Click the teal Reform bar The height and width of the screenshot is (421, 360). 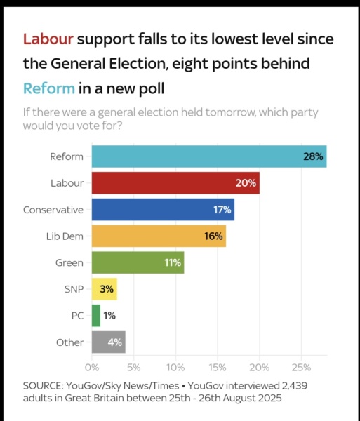pos(209,156)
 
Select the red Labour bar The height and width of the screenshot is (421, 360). pos(175,183)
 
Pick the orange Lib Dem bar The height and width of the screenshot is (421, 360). pos(159,236)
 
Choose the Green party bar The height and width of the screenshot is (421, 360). pos(138,262)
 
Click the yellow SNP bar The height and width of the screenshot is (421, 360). pos(104,289)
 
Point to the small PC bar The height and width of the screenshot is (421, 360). pos(96,316)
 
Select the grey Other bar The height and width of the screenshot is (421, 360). pos(108,342)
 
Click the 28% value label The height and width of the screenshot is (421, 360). pos(312,156)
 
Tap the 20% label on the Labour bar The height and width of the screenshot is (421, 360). pos(245,183)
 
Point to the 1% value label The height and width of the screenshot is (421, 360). pos(109,316)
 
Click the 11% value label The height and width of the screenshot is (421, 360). pos(172,262)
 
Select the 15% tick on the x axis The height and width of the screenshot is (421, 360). pos(218,367)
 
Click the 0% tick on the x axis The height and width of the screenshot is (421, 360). pos(92,367)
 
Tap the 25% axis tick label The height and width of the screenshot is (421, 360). pos(301,367)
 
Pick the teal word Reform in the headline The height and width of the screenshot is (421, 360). pos(48,88)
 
